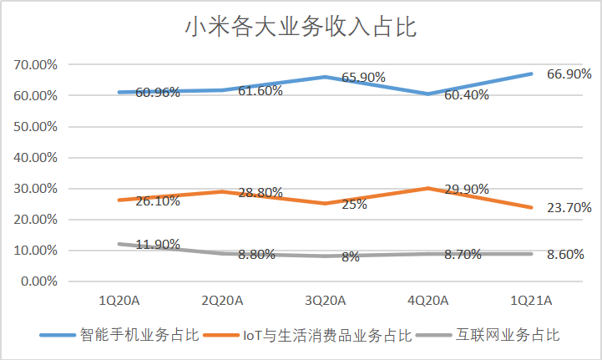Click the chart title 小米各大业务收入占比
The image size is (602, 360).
click(301, 27)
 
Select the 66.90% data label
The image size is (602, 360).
click(569, 74)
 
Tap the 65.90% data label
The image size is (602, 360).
click(362, 77)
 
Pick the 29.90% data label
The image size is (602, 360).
click(468, 190)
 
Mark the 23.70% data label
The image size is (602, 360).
click(569, 207)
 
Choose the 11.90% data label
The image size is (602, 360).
click(158, 245)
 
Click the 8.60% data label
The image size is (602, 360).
click(569, 255)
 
